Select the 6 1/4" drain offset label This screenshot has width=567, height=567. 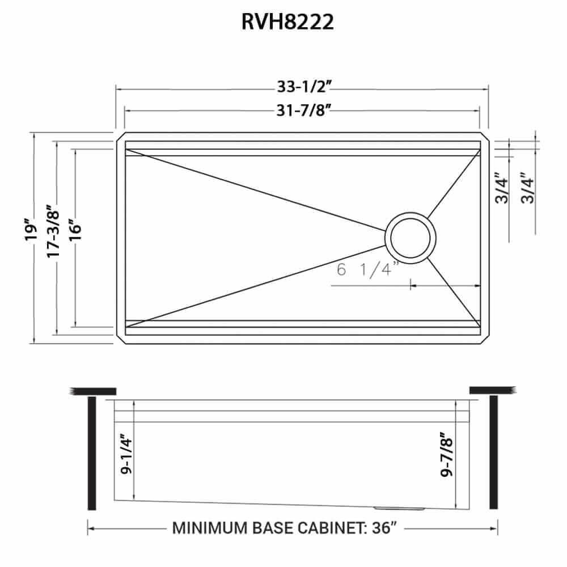click(x=368, y=270)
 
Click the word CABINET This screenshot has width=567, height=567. click(x=326, y=528)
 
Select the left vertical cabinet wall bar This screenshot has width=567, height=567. click(x=91, y=454)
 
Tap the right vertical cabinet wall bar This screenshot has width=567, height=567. click(x=493, y=454)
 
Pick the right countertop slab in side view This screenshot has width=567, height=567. click(x=492, y=391)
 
